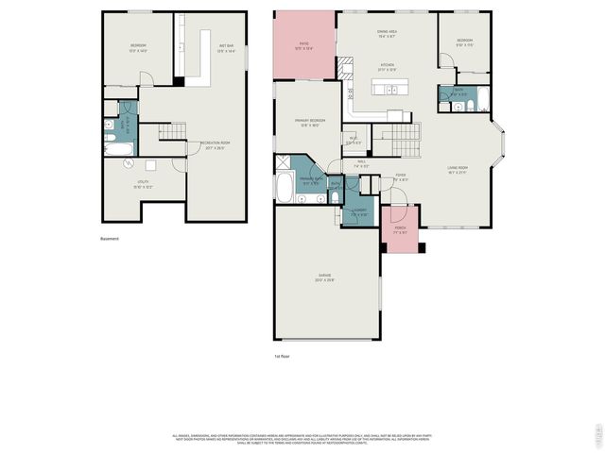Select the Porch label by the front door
(400, 228)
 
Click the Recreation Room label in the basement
(215, 145)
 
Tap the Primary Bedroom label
(311, 122)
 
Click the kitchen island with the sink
(385, 91)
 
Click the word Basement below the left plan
(110, 239)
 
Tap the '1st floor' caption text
(282, 357)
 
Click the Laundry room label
(358, 212)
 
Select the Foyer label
(401, 176)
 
